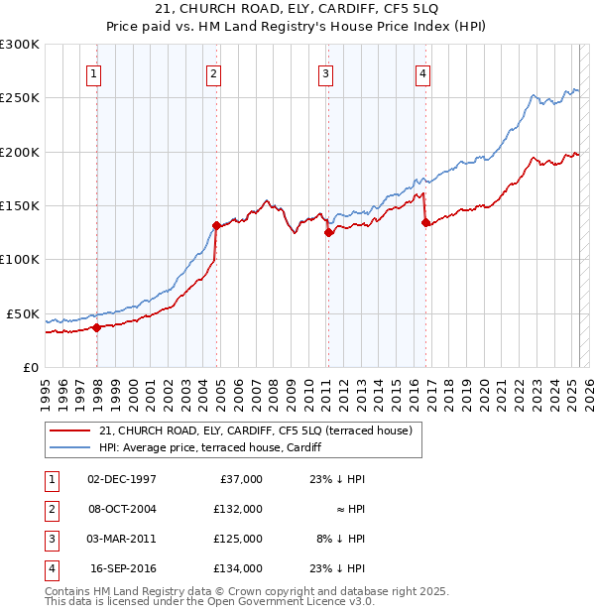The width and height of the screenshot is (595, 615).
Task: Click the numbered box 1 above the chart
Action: [93, 71]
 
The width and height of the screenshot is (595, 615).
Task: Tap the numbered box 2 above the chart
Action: [214, 71]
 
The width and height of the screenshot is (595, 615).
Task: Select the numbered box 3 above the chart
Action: [325, 71]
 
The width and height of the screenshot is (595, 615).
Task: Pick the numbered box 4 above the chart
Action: [422, 71]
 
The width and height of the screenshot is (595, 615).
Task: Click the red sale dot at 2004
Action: [216, 225]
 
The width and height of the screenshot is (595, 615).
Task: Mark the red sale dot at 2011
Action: [328, 233]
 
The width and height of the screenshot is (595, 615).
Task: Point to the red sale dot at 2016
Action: [425, 223]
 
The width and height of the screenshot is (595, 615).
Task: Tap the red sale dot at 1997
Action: [96, 326]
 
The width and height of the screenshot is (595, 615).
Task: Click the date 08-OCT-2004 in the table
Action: [122, 508]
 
